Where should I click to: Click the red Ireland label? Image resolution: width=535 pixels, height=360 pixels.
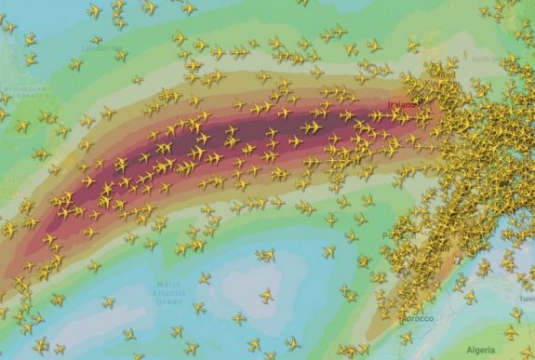coord(403,104)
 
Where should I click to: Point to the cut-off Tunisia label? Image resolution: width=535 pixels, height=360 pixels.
coord(527,299)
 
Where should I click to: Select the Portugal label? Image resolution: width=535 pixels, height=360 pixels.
coord(398,235)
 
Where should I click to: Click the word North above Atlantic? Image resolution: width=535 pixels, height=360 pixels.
coord(170,284)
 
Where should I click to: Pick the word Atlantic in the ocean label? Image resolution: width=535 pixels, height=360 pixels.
coord(170,292)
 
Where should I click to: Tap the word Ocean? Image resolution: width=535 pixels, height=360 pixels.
coord(170,300)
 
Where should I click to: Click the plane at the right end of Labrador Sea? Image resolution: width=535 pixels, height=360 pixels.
coord(121,55)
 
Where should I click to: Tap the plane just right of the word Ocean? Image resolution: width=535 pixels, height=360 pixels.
coord(198,307)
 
